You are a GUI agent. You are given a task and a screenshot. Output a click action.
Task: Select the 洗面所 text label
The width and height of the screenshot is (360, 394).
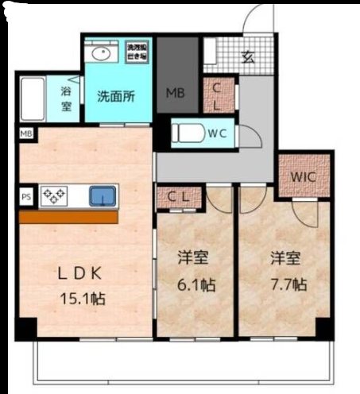pos(115,97)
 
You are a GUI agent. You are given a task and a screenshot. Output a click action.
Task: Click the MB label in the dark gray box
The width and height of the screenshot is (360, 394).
pos(175,92)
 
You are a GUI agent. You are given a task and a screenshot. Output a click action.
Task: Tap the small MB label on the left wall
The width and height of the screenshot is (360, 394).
pos(26,134)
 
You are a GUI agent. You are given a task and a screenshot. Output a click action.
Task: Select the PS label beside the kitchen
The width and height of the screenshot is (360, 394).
pos(26,194)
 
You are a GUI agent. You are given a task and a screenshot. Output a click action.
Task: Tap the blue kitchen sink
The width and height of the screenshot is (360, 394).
pos(103,195)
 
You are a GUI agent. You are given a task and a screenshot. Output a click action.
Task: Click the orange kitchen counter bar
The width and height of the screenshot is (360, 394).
pos(68,217)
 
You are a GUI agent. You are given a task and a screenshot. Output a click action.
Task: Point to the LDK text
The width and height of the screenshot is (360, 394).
pos(77,274)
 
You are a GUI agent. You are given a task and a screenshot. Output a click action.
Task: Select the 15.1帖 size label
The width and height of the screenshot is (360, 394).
pos(83,299)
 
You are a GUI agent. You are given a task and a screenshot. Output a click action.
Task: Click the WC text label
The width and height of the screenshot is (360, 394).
pos(218,133)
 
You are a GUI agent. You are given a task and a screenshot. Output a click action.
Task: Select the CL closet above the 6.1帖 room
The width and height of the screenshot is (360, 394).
pos(180,196)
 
